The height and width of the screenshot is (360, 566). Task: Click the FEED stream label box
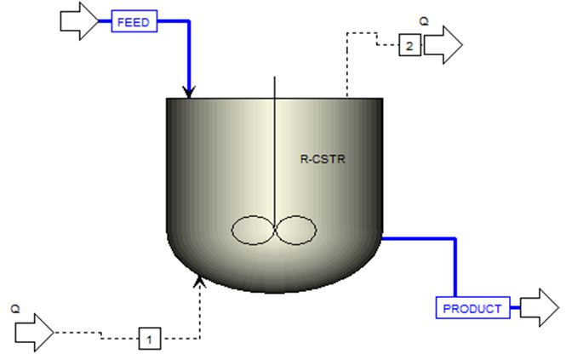point(135,23)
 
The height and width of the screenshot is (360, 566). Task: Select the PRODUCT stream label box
point(472,307)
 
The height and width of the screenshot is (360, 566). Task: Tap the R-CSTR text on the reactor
point(318,157)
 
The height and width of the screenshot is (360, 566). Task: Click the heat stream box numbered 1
point(149,340)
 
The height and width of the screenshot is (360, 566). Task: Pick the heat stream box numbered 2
point(409,46)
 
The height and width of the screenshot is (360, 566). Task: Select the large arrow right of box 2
point(442,45)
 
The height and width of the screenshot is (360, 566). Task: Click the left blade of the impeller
point(252,231)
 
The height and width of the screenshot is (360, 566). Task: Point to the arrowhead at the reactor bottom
point(200,280)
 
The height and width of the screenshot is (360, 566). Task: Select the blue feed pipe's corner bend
point(189,24)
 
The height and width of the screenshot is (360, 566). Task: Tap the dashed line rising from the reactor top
point(346,68)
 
